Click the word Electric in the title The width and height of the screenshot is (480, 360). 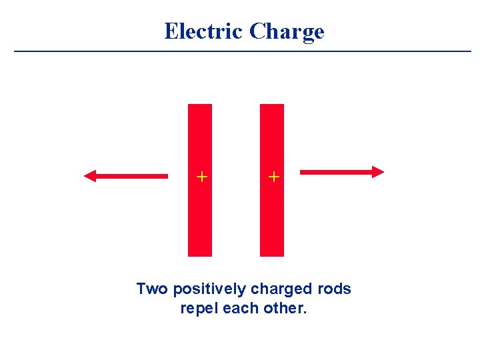pos(204,31)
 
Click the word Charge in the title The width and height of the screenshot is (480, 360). pos(287,32)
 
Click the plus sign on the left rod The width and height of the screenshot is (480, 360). pos(201,177)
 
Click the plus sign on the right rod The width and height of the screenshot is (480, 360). pos(273,177)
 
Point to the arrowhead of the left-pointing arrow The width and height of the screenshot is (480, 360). pos(91,176)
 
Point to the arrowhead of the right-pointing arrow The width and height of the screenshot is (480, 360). pos(378,172)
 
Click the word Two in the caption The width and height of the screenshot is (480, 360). pos(151,289)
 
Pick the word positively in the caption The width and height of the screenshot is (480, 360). pos(209,290)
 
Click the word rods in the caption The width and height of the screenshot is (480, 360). pos(335,289)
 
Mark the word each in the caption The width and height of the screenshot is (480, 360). pos(238,309)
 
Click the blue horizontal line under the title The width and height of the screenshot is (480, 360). pos(243,51)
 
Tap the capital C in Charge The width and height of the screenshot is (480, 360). pos(258,31)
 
